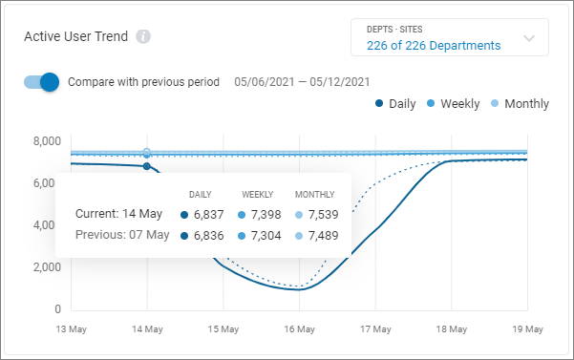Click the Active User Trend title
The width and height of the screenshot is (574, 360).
(75, 36)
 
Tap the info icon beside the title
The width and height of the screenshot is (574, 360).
(143, 37)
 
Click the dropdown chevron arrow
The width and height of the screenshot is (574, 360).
(528, 39)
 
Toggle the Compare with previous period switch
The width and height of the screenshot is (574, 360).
(42, 82)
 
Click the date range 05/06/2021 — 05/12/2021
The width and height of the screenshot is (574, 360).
(302, 82)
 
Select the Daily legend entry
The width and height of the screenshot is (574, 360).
(395, 103)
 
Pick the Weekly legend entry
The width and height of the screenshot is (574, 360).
(452, 103)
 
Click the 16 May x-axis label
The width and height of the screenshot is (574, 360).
(299, 328)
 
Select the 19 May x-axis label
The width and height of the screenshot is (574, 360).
(527, 328)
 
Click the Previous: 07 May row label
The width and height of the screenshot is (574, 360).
(122, 235)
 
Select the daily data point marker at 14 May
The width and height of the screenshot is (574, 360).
(146, 166)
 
